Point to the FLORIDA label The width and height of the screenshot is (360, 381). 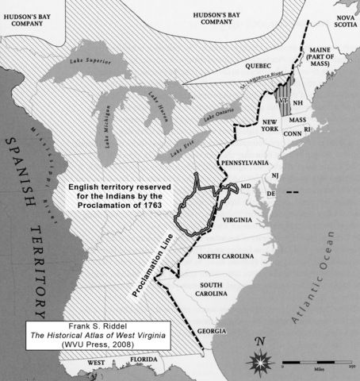coord(144,366)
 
